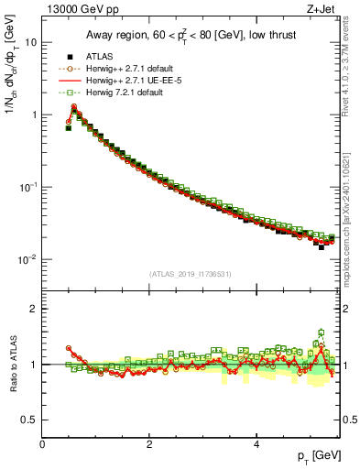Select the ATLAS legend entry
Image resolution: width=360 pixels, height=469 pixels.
point(104,57)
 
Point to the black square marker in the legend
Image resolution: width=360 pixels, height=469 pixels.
point(69,57)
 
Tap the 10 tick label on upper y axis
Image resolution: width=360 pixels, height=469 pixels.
point(31,43)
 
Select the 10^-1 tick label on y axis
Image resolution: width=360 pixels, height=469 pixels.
point(27,187)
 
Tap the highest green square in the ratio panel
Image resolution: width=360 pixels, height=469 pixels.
point(321,333)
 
